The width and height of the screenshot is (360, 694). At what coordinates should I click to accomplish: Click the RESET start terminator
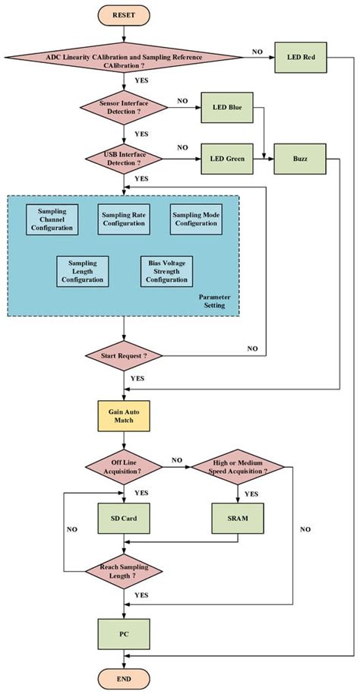124,14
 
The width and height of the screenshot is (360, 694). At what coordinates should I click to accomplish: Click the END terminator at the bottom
124,678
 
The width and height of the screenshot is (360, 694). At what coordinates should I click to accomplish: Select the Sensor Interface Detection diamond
124,107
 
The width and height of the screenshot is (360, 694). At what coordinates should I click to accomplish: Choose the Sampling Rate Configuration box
124,219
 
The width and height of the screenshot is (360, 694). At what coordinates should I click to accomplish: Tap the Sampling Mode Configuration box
196,219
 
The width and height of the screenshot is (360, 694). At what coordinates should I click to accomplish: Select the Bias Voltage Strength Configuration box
166,271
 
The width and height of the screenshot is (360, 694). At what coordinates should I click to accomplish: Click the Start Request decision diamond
124,355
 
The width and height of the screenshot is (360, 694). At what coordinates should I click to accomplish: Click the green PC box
124,631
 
